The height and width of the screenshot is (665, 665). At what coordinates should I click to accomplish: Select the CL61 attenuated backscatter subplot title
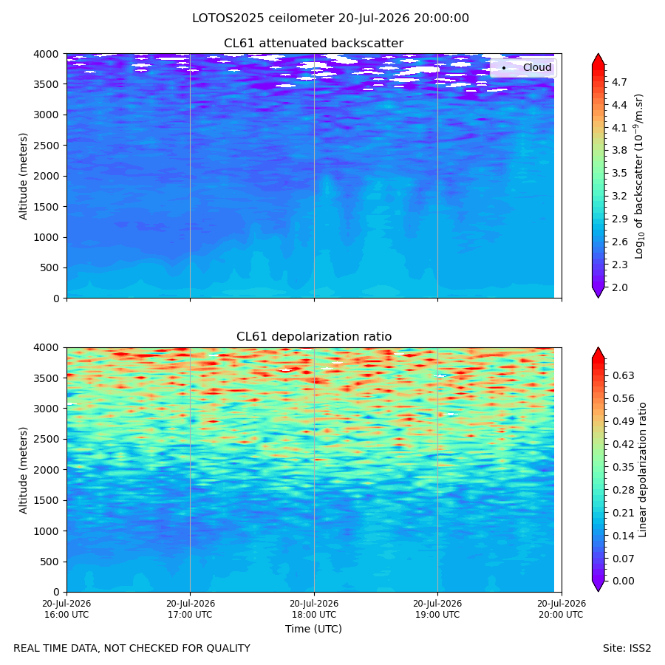(313, 44)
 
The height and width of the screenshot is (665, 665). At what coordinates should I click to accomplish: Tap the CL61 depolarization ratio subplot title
(314, 337)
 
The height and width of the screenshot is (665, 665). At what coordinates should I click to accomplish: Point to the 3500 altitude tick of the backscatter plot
(46, 84)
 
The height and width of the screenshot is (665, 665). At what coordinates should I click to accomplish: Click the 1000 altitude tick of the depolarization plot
(46, 531)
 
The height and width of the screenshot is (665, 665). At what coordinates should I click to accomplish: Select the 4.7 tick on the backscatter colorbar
(619, 82)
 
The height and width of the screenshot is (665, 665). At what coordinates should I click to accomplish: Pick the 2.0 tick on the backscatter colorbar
(619, 287)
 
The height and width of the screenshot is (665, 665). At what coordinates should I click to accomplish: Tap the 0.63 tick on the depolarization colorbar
(623, 376)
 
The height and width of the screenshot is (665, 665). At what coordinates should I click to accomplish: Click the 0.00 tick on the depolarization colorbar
(623, 581)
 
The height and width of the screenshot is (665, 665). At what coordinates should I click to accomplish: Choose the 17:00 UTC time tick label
(190, 609)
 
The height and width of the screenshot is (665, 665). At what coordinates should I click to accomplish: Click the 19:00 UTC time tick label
(437, 609)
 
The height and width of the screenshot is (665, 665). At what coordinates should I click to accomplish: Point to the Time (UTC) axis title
(313, 629)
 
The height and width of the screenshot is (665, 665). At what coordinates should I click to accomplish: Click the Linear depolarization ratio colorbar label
(643, 470)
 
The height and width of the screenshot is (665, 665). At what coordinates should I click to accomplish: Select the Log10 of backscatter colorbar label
(639, 177)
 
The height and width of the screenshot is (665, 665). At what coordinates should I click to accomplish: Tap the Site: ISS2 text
(627, 649)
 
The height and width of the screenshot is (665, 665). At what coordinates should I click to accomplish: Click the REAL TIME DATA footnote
(132, 649)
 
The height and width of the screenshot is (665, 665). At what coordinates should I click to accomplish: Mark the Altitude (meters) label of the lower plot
(23, 470)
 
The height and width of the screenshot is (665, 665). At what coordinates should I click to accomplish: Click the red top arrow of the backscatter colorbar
(598, 59)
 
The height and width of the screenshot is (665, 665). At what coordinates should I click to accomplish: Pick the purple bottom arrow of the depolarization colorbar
(598, 586)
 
